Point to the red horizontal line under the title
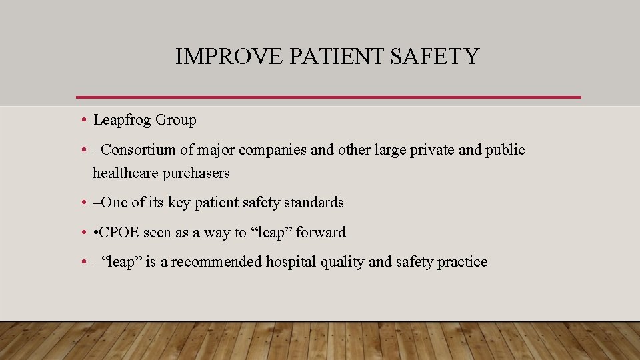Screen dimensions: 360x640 (329, 97)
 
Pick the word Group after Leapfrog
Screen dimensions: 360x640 (175, 121)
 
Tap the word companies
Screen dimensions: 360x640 (273, 150)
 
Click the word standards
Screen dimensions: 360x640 (314, 203)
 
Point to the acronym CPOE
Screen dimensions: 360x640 (122, 233)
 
